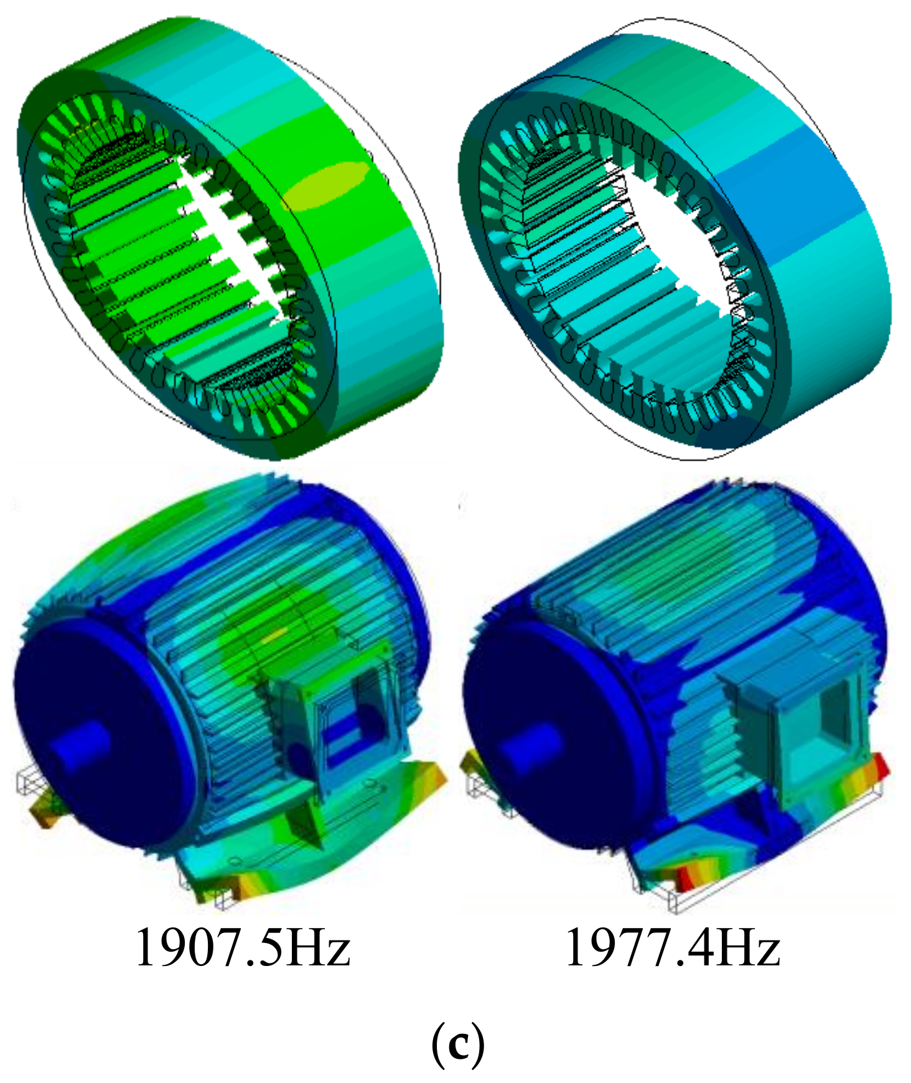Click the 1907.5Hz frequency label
click(243, 947)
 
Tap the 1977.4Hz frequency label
click(672, 947)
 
